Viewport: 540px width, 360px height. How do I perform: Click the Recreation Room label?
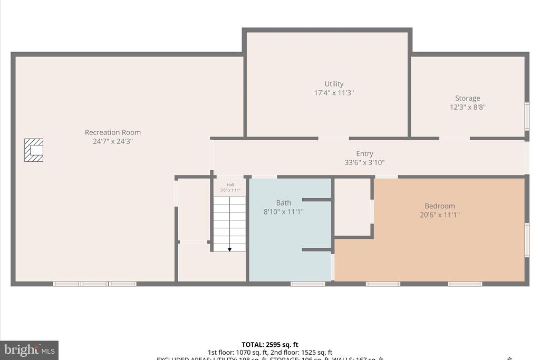click(x=113, y=132)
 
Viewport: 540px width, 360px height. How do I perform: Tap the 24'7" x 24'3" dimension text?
click(x=113, y=141)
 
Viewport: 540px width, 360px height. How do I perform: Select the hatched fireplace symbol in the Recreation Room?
click(x=34, y=150)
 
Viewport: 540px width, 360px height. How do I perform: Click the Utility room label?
click(x=334, y=84)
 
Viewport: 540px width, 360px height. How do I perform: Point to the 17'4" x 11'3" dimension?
click(x=334, y=93)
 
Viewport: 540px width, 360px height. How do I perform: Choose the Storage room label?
click(x=467, y=98)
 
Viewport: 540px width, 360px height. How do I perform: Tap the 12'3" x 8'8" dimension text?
click(x=467, y=107)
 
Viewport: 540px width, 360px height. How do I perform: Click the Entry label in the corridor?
click(x=364, y=154)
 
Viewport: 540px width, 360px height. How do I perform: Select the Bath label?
click(x=284, y=203)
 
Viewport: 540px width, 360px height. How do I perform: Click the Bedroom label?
click(x=440, y=206)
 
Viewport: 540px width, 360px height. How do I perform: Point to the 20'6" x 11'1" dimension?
click(x=440, y=215)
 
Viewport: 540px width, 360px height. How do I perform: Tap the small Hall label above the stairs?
click(x=230, y=184)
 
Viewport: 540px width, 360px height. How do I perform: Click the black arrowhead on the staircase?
click(x=230, y=249)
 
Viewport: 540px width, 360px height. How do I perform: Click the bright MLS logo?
click(x=29, y=350)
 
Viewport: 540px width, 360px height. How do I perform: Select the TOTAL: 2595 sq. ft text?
click(x=269, y=345)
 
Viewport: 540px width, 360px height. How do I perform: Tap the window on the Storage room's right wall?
click(x=526, y=116)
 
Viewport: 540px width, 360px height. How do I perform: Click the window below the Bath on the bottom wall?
click(x=307, y=284)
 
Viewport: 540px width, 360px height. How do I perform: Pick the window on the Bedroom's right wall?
click(x=526, y=240)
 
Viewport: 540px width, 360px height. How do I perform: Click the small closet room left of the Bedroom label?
click(x=352, y=207)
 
